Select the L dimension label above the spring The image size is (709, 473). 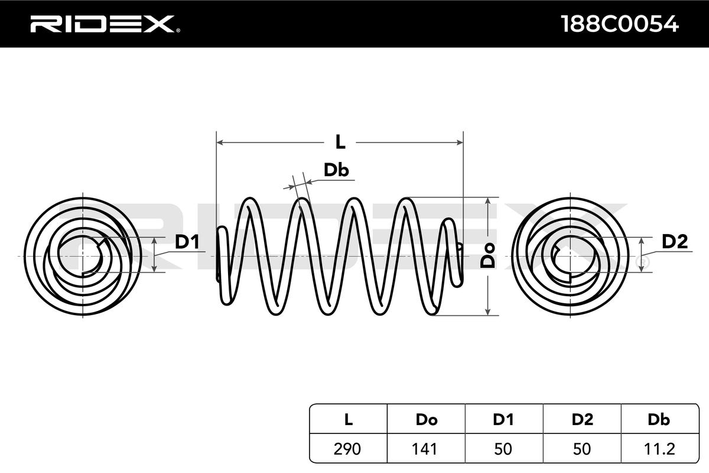tap(340, 142)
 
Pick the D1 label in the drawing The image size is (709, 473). tap(187, 242)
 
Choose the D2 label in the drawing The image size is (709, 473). tap(674, 241)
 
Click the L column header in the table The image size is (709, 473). tap(349, 420)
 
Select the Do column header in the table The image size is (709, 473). tap(426, 420)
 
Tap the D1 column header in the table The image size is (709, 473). tap(503, 420)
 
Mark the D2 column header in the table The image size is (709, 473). tap(582, 420)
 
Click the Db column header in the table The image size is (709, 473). tap(659, 420)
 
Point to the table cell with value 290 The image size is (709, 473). tap(349, 449)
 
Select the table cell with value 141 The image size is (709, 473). tap(426, 449)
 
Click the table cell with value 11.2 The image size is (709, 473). tap(659, 449)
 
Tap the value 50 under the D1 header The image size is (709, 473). tap(503, 449)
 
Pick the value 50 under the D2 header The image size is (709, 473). tap(582, 449)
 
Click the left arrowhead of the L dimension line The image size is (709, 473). tap(220, 142)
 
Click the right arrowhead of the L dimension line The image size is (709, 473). tap(460, 142)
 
